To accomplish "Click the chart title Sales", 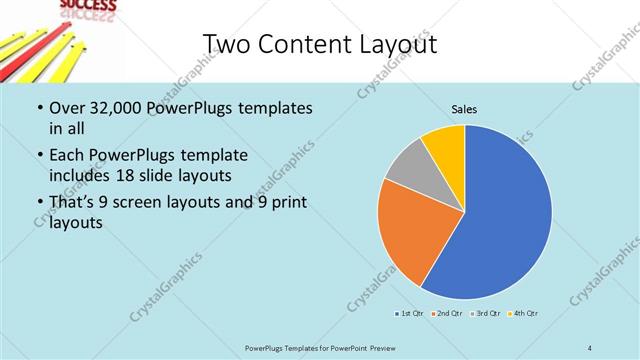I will pos(464,107).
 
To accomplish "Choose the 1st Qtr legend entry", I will pos(408,314).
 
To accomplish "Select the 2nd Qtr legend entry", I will pos(446,314).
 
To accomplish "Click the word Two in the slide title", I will pos(226,45).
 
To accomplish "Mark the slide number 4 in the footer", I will pos(590,348).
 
